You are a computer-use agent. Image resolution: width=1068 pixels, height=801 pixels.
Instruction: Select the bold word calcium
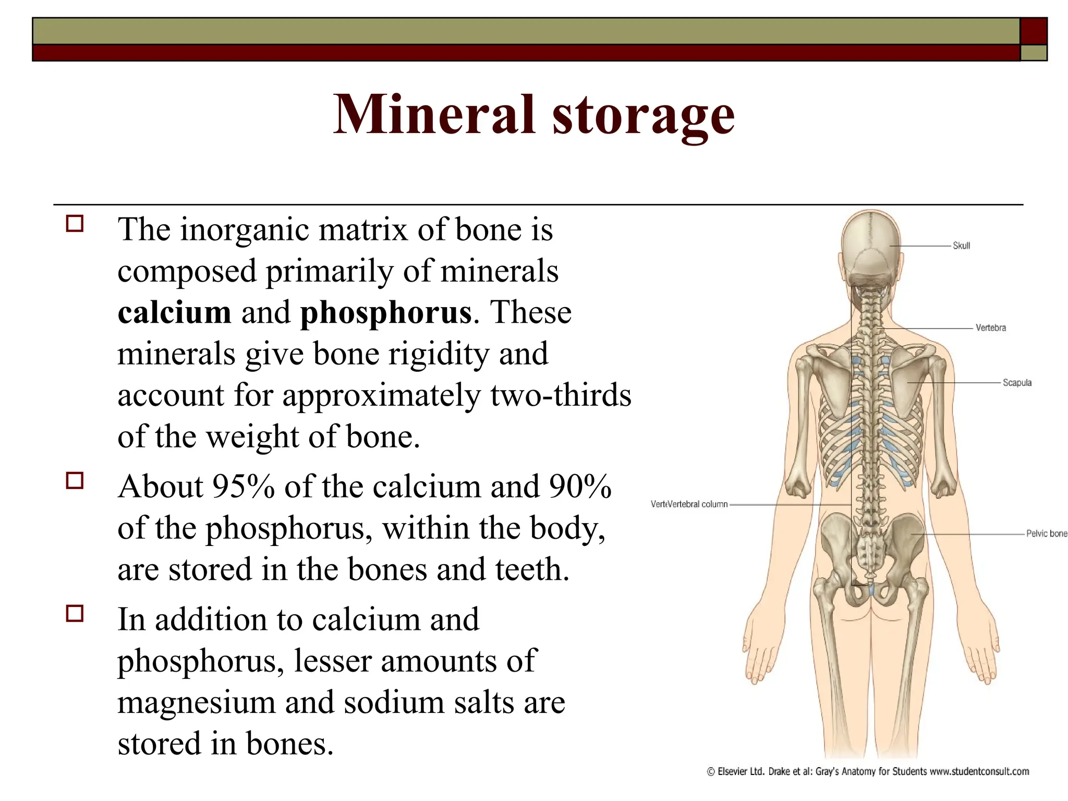point(174,312)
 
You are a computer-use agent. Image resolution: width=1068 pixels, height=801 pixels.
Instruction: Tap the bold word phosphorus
point(386,313)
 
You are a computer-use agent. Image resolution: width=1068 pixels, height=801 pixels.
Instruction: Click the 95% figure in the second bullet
point(243,487)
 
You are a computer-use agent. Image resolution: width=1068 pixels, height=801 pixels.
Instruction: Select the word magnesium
point(196,702)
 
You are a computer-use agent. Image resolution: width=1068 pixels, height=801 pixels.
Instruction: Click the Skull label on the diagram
point(961,246)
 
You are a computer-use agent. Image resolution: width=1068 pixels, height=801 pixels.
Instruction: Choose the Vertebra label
point(990,328)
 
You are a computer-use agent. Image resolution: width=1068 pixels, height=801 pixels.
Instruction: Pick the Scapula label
point(1017,383)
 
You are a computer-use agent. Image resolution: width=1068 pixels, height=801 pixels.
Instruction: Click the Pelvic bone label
point(1046,533)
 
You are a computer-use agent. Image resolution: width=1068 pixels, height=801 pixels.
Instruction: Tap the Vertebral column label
point(689,504)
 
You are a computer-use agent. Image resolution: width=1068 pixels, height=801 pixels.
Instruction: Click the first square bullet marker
point(75,224)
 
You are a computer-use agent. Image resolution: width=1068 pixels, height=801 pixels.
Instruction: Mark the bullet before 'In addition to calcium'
point(75,613)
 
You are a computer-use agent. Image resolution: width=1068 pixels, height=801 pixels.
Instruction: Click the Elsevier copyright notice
point(868,771)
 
